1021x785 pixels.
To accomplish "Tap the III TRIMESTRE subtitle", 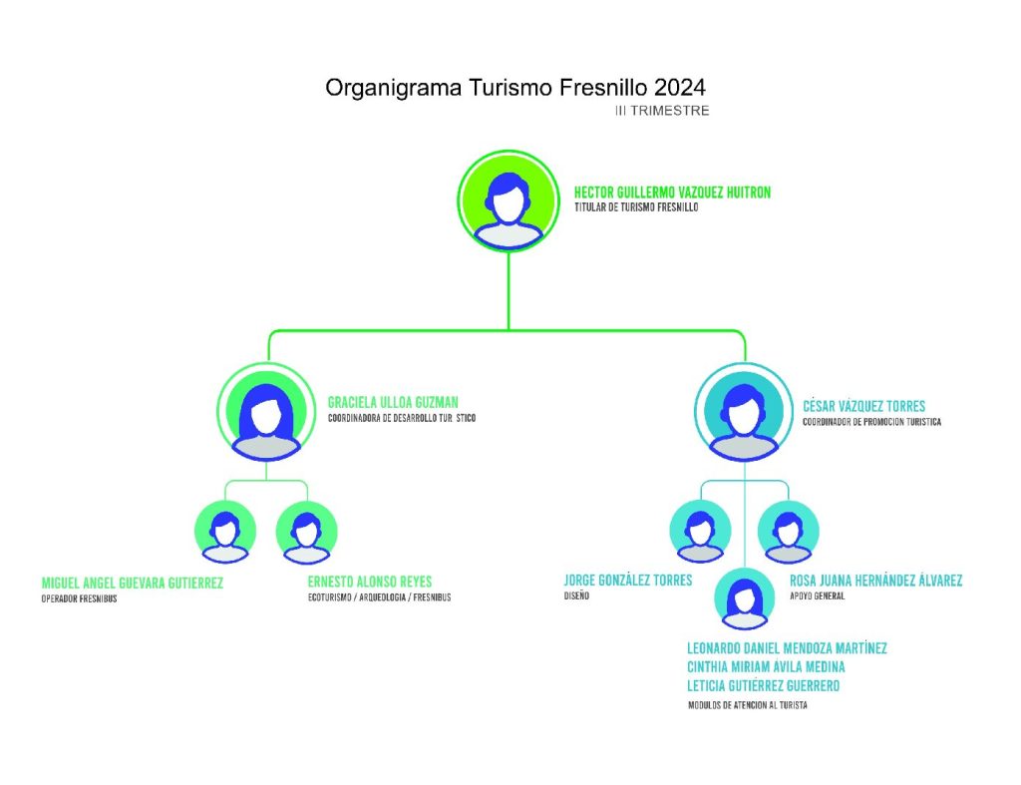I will point(662,111).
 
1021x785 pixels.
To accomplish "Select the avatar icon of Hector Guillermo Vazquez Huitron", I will point(509,199).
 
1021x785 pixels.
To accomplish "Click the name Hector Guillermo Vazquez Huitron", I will point(672,193).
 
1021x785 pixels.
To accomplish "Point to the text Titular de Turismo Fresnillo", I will point(636,208).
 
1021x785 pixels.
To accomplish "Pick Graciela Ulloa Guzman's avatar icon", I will point(265,413).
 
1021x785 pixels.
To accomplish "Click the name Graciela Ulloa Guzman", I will point(393,403).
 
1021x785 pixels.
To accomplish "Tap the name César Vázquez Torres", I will point(863,406).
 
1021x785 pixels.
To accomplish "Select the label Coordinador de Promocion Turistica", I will point(871,422).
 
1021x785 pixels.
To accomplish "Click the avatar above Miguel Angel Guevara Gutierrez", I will point(225,532).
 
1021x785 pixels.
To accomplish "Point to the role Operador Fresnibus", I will point(79,598).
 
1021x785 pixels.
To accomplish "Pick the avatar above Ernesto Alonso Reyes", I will point(306,532).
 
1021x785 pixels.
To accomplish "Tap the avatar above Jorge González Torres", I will point(700,532).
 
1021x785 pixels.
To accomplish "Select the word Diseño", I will point(576,596).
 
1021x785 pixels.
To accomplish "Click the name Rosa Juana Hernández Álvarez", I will point(875,581).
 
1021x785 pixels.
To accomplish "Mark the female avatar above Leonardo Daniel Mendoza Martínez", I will point(743,598).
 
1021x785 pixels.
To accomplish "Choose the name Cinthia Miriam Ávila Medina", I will point(766,666).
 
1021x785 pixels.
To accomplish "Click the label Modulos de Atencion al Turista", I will point(747,705).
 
